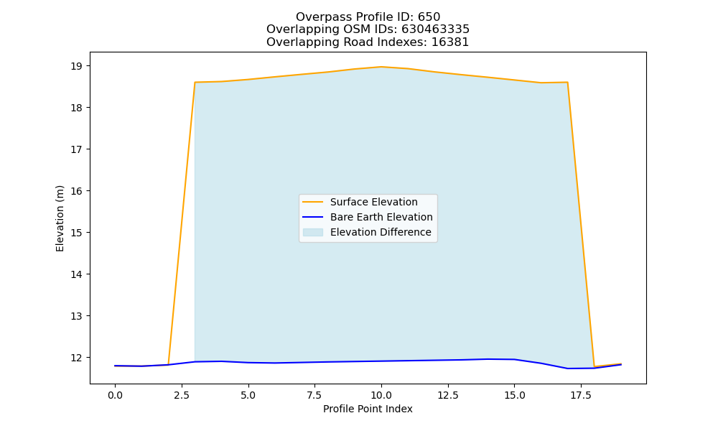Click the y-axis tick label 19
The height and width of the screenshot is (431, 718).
click(77, 66)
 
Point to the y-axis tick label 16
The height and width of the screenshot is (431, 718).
click(77, 191)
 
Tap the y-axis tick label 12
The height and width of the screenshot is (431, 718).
click(77, 358)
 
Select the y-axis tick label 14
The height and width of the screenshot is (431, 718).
click(77, 274)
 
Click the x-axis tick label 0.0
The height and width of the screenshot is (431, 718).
click(116, 395)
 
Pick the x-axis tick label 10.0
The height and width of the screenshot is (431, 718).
click(381, 395)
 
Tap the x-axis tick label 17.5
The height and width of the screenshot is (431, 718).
click(581, 395)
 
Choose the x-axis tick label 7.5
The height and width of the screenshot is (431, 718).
click(315, 395)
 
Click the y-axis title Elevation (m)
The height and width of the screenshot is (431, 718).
click(60, 218)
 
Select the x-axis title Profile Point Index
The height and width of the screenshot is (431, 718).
click(368, 409)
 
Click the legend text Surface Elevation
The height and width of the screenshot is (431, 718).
click(373, 202)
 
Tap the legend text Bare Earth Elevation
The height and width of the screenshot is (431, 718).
click(381, 217)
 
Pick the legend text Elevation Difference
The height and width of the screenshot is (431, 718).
click(381, 232)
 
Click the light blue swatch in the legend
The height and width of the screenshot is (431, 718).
click(313, 232)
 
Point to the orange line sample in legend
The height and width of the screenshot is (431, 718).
click(313, 202)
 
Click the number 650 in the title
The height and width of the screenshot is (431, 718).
click(429, 17)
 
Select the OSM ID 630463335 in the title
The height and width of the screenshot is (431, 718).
click(436, 29)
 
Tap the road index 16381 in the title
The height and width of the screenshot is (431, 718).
click(450, 42)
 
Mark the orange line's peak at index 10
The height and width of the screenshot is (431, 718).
click(381, 67)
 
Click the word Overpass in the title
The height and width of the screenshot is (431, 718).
click(317, 17)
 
